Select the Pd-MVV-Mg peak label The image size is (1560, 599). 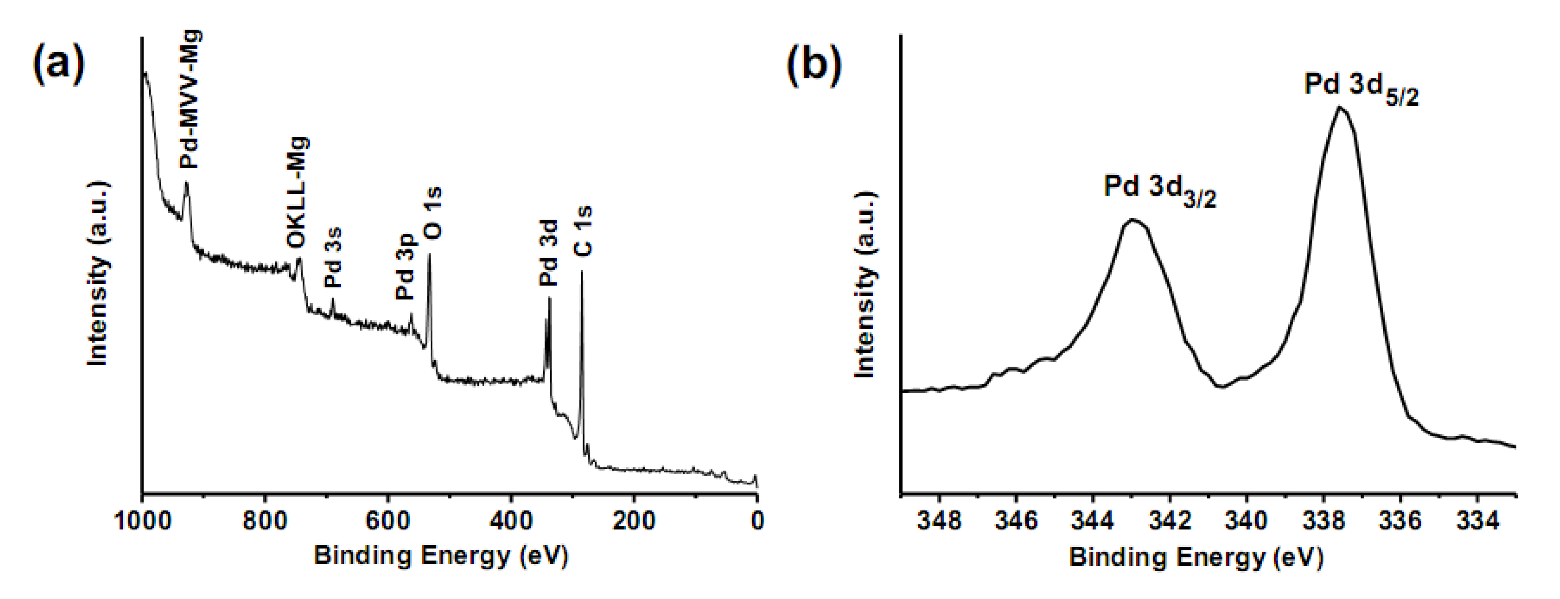(x=191, y=100)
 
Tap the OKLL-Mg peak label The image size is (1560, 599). (x=297, y=193)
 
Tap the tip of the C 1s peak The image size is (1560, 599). (x=582, y=272)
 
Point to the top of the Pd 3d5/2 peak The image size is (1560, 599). (x=1339, y=108)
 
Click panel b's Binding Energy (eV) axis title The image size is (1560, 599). (x=1196, y=556)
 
